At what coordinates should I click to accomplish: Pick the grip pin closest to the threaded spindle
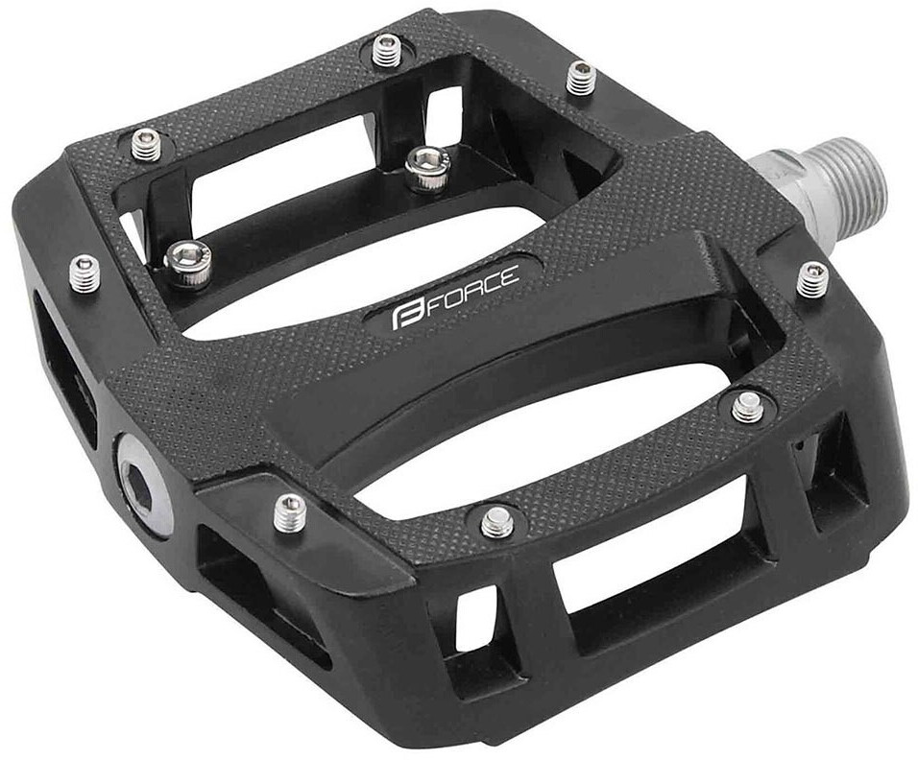coord(812,278)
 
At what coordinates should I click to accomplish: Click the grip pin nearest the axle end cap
coord(289,512)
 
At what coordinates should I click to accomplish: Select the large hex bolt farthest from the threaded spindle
coord(188,261)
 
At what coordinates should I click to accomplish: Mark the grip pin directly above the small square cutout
coord(496,522)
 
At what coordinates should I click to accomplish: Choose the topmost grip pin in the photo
coord(387,50)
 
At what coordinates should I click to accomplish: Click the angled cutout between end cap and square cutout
coord(259,585)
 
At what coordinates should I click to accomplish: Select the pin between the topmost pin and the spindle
coord(581,79)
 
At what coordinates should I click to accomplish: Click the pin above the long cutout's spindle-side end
coord(748,406)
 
